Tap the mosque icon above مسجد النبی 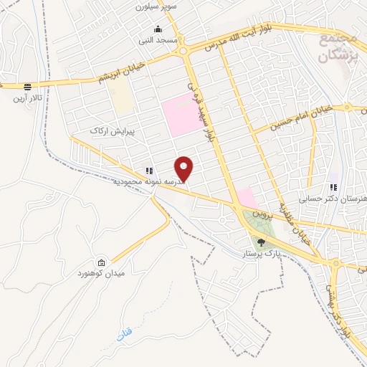click(158, 29)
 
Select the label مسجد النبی click(158, 41)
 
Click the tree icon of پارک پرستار click(261, 242)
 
